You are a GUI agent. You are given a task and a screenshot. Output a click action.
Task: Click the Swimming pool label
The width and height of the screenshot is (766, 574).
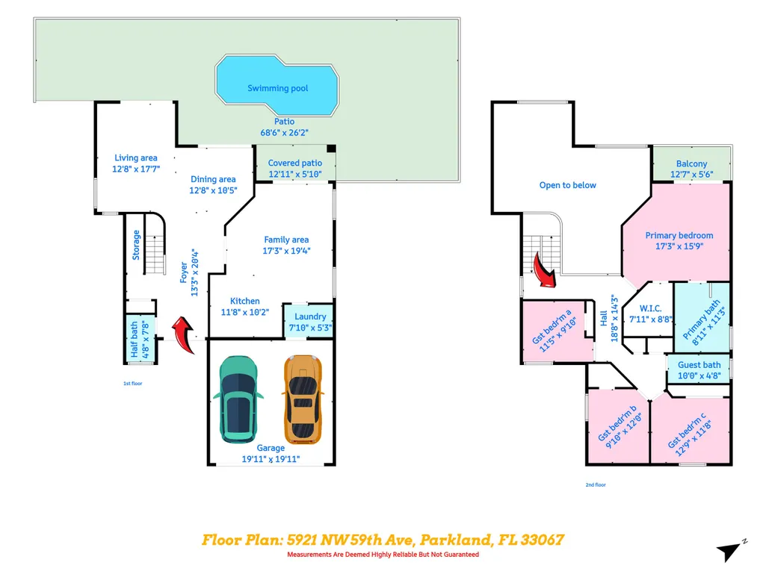point(277,88)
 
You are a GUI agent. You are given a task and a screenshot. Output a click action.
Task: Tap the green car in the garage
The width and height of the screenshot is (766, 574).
point(238,399)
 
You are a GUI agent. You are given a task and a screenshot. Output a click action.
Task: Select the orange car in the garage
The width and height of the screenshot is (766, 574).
point(303,399)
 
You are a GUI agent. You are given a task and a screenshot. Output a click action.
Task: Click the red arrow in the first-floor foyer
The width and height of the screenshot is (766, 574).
point(184,334)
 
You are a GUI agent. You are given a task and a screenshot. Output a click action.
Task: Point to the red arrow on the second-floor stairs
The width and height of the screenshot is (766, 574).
point(544,270)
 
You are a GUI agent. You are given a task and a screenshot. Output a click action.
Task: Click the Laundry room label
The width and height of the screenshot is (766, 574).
point(310,316)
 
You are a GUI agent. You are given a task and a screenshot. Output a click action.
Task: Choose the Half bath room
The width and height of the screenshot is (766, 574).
point(140,339)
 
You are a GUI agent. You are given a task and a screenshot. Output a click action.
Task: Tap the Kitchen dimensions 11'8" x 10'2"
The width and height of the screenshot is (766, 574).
point(245,313)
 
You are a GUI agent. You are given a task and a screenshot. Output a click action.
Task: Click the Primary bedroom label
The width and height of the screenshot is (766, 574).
point(679,235)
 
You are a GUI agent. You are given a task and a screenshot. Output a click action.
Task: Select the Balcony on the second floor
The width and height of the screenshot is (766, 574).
point(691,164)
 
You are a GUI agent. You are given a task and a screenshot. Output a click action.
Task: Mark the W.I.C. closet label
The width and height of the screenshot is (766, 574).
point(651,308)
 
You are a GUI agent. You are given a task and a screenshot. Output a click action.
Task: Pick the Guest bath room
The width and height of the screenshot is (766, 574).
point(699,369)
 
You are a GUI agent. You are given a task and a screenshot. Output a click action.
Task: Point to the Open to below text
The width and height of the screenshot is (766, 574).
point(568,185)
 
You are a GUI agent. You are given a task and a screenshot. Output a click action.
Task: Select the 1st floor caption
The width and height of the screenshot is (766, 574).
point(133,384)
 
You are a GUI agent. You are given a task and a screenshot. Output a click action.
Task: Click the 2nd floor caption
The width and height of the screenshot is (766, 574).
point(596,484)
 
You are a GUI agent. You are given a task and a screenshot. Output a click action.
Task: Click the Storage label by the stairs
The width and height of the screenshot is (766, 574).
point(136,245)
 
